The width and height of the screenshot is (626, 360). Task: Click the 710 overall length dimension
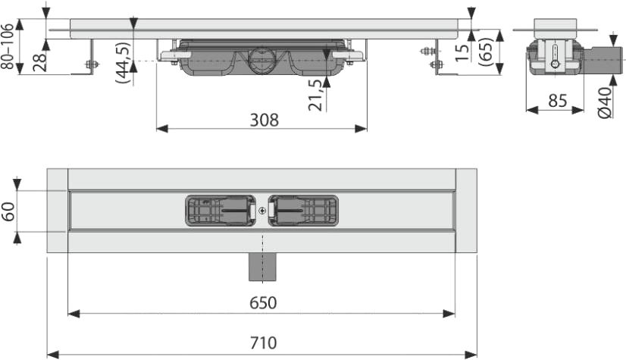(x=263, y=343)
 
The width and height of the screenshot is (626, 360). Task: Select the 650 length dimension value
(x=263, y=303)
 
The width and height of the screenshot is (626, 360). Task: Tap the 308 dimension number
(x=264, y=121)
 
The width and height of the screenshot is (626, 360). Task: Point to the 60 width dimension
(x=8, y=211)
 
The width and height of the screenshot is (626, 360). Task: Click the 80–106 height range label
(x=8, y=46)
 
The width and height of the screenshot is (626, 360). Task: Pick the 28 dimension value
(x=39, y=61)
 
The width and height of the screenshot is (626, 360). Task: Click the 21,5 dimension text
(x=315, y=95)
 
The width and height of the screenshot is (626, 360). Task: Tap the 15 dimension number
(x=462, y=52)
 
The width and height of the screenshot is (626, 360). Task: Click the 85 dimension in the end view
(x=557, y=101)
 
